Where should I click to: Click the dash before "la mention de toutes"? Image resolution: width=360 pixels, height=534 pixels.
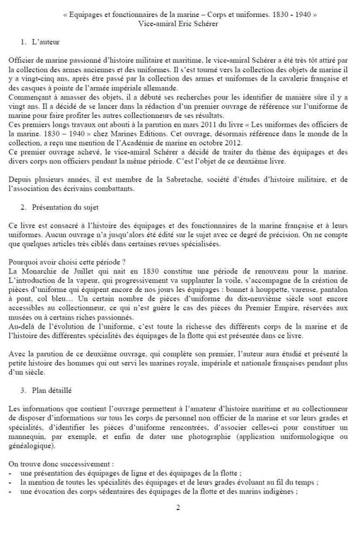(11, 483)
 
